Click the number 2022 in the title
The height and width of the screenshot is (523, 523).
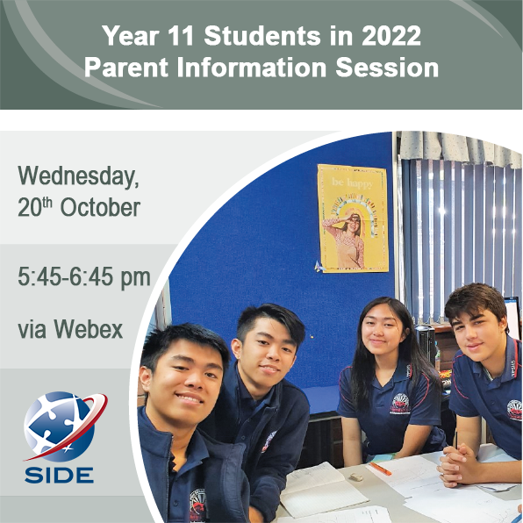[391, 36]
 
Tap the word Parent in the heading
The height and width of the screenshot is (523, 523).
[126, 68]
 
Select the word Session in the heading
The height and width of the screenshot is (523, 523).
[387, 68]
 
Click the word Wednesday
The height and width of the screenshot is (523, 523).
[78, 176]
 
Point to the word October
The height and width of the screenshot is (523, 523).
[100, 207]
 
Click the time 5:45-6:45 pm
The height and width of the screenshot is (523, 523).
[84, 277]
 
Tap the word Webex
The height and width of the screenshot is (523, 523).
[89, 329]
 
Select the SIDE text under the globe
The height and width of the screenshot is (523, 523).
[59, 476]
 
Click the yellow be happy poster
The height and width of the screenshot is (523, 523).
[353, 219]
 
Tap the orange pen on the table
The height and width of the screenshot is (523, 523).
[381, 469]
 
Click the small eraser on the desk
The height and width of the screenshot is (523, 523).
[356, 477]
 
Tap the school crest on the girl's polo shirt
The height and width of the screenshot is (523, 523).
[400, 404]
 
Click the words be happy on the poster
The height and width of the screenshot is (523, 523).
[352, 183]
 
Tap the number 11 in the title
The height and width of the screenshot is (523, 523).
[181, 36]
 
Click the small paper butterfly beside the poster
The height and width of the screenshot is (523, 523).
[319, 266]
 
